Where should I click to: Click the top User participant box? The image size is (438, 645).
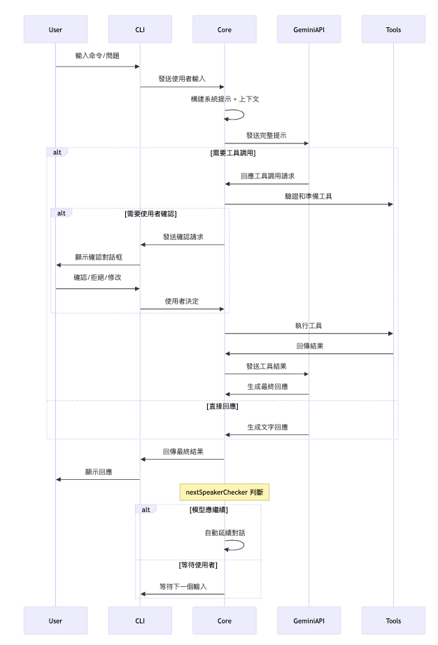point(55,29)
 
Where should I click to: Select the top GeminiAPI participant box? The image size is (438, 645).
point(309,29)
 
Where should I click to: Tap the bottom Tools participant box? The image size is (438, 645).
point(393,621)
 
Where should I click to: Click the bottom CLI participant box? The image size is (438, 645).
point(140,621)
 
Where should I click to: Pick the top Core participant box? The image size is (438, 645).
point(225,29)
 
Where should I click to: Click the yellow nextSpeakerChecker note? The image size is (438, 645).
point(225,492)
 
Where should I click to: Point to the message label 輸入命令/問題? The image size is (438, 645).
point(97,55)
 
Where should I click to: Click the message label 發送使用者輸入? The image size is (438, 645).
point(182,78)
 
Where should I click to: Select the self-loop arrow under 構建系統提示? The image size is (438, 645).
point(243,114)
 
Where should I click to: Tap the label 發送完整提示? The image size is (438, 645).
point(267,135)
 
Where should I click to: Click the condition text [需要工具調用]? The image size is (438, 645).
point(233,153)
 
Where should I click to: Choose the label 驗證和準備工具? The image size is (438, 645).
point(309,196)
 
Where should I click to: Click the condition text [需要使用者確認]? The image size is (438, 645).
point(150,214)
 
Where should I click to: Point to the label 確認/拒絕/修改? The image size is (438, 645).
point(97,277)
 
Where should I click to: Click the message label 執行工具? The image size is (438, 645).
point(309,326)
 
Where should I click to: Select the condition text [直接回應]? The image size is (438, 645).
point(222,406)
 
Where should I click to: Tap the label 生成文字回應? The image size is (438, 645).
point(267,427)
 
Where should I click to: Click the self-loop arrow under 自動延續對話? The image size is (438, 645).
point(243,545)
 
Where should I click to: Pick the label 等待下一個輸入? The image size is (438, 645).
point(183,586)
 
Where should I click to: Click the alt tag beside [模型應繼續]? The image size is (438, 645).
point(146,510)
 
